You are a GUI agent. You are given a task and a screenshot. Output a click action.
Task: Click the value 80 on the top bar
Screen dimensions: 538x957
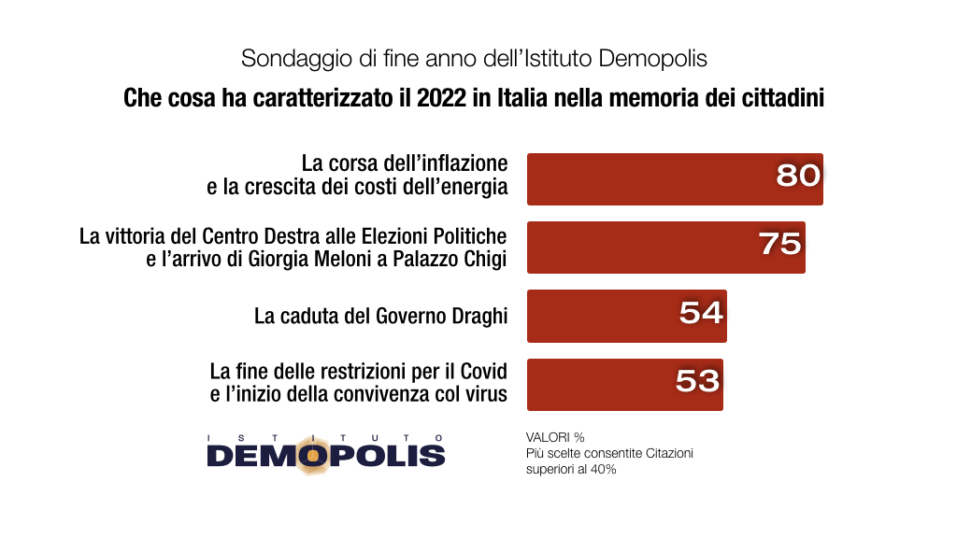[798, 175]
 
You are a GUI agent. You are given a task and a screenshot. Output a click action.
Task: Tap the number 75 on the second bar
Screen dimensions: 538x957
[780, 244]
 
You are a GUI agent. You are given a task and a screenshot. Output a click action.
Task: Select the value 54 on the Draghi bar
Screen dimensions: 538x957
[701, 312]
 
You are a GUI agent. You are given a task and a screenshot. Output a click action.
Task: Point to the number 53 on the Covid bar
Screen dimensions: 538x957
[697, 380]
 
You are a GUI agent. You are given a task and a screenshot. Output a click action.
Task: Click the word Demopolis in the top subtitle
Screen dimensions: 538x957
[651, 58]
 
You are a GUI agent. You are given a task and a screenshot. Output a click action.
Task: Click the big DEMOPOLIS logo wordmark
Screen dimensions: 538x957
[325, 455]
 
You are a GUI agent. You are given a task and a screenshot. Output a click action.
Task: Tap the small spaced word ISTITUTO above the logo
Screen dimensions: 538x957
[325, 436]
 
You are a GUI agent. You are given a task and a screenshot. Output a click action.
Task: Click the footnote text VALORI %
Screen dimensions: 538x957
[555, 437]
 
